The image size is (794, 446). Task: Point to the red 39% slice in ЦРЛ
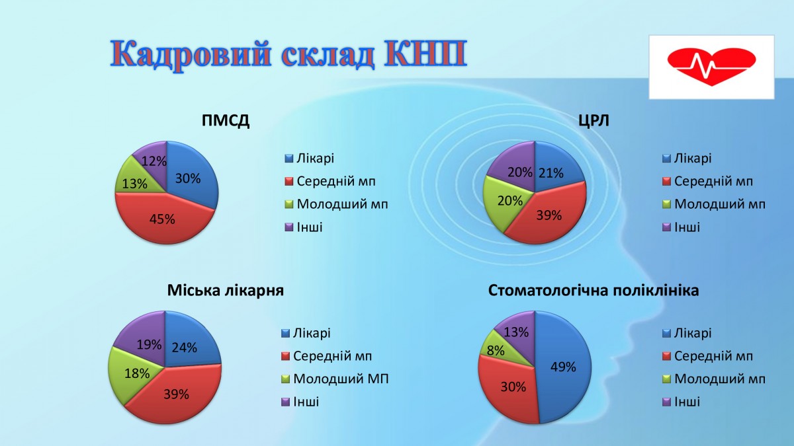(x=549, y=216)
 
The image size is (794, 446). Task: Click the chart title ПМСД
(x=226, y=121)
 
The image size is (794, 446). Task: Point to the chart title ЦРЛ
(x=594, y=121)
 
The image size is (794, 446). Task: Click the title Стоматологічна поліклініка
(x=594, y=290)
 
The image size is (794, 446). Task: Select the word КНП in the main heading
(x=425, y=54)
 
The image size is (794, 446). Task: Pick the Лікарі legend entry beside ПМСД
(x=310, y=158)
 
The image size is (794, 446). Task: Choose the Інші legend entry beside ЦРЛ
(x=682, y=227)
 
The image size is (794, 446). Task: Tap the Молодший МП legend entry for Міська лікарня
(x=335, y=379)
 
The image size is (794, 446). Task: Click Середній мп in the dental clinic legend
(x=707, y=355)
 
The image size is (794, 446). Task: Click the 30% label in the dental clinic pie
(x=513, y=387)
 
